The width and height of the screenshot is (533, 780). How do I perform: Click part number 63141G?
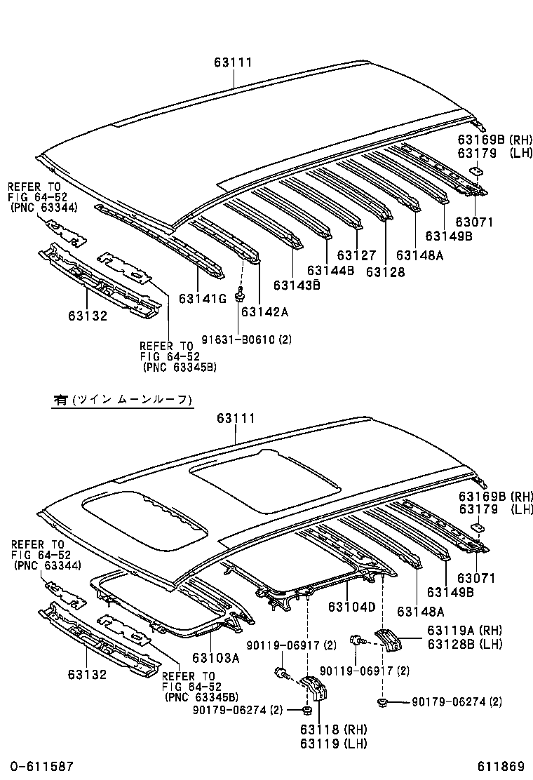point(203,299)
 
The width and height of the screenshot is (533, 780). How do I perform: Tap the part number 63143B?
point(297,285)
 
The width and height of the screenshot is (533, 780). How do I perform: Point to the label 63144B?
point(330,271)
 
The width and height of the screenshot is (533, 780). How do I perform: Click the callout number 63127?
point(356,256)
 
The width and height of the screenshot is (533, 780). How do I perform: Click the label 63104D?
point(352,606)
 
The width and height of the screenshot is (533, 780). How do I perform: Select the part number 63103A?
point(216,658)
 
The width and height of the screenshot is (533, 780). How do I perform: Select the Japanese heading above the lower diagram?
point(122,400)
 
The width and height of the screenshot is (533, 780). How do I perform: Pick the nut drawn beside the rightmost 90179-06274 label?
point(383,701)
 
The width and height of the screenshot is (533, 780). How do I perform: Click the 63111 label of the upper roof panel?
point(233,62)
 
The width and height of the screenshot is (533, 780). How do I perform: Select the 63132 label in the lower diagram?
point(87,675)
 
